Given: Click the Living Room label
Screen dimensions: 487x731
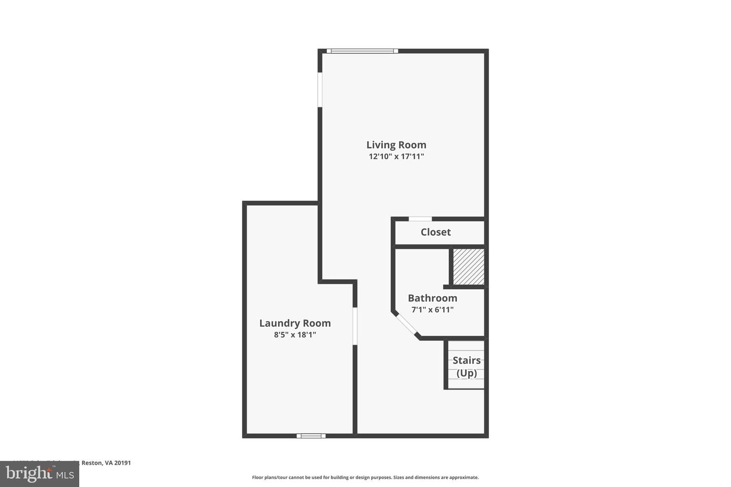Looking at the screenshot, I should (x=396, y=145).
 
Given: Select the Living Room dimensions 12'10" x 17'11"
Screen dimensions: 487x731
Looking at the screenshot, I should (x=396, y=157).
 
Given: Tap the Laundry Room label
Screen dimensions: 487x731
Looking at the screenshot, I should (x=295, y=323).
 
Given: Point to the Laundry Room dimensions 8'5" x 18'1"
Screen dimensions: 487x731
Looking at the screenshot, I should (x=295, y=335).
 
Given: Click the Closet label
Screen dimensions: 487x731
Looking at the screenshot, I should (x=436, y=232).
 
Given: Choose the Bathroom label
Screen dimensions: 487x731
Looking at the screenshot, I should (x=433, y=298).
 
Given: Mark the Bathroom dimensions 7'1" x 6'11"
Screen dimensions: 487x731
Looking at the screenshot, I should (x=433, y=309).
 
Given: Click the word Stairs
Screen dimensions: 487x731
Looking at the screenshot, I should (x=467, y=360).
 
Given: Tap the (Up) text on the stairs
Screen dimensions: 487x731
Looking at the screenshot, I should (x=467, y=373).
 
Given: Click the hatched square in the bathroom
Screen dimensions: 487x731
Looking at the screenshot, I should (x=468, y=266).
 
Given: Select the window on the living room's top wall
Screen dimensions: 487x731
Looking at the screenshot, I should (x=362, y=51).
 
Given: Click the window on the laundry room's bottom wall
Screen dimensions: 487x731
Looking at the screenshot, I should (x=311, y=435).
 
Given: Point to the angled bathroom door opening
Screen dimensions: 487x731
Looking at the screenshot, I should (x=406, y=325).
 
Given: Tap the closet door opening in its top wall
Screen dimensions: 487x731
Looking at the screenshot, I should (x=420, y=219).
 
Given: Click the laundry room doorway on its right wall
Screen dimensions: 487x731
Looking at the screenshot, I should (x=355, y=326).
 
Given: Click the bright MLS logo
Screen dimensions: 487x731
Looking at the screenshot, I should (x=40, y=474).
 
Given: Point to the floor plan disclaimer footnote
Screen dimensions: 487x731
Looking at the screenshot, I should (x=365, y=477).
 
